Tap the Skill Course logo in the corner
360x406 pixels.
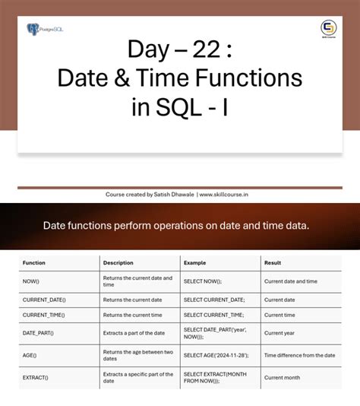click(329, 30)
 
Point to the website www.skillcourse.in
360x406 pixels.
click(224, 195)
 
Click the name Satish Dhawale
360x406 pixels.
click(173, 195)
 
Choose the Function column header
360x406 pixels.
click(34, 263)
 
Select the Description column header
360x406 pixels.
click(118, 263)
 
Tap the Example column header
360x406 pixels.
click(194, 263)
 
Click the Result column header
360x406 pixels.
click(273, 263)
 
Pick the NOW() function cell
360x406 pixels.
click(31, 281)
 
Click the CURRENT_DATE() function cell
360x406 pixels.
click(44, 300)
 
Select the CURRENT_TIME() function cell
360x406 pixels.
click(44, 315)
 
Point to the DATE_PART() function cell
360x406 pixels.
click(38, 333)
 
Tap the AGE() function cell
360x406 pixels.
click(30, 355)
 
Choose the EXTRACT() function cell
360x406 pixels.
click(36, 378)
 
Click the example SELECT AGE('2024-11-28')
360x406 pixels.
click(216, 355)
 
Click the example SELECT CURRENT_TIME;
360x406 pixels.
click(213, 315)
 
